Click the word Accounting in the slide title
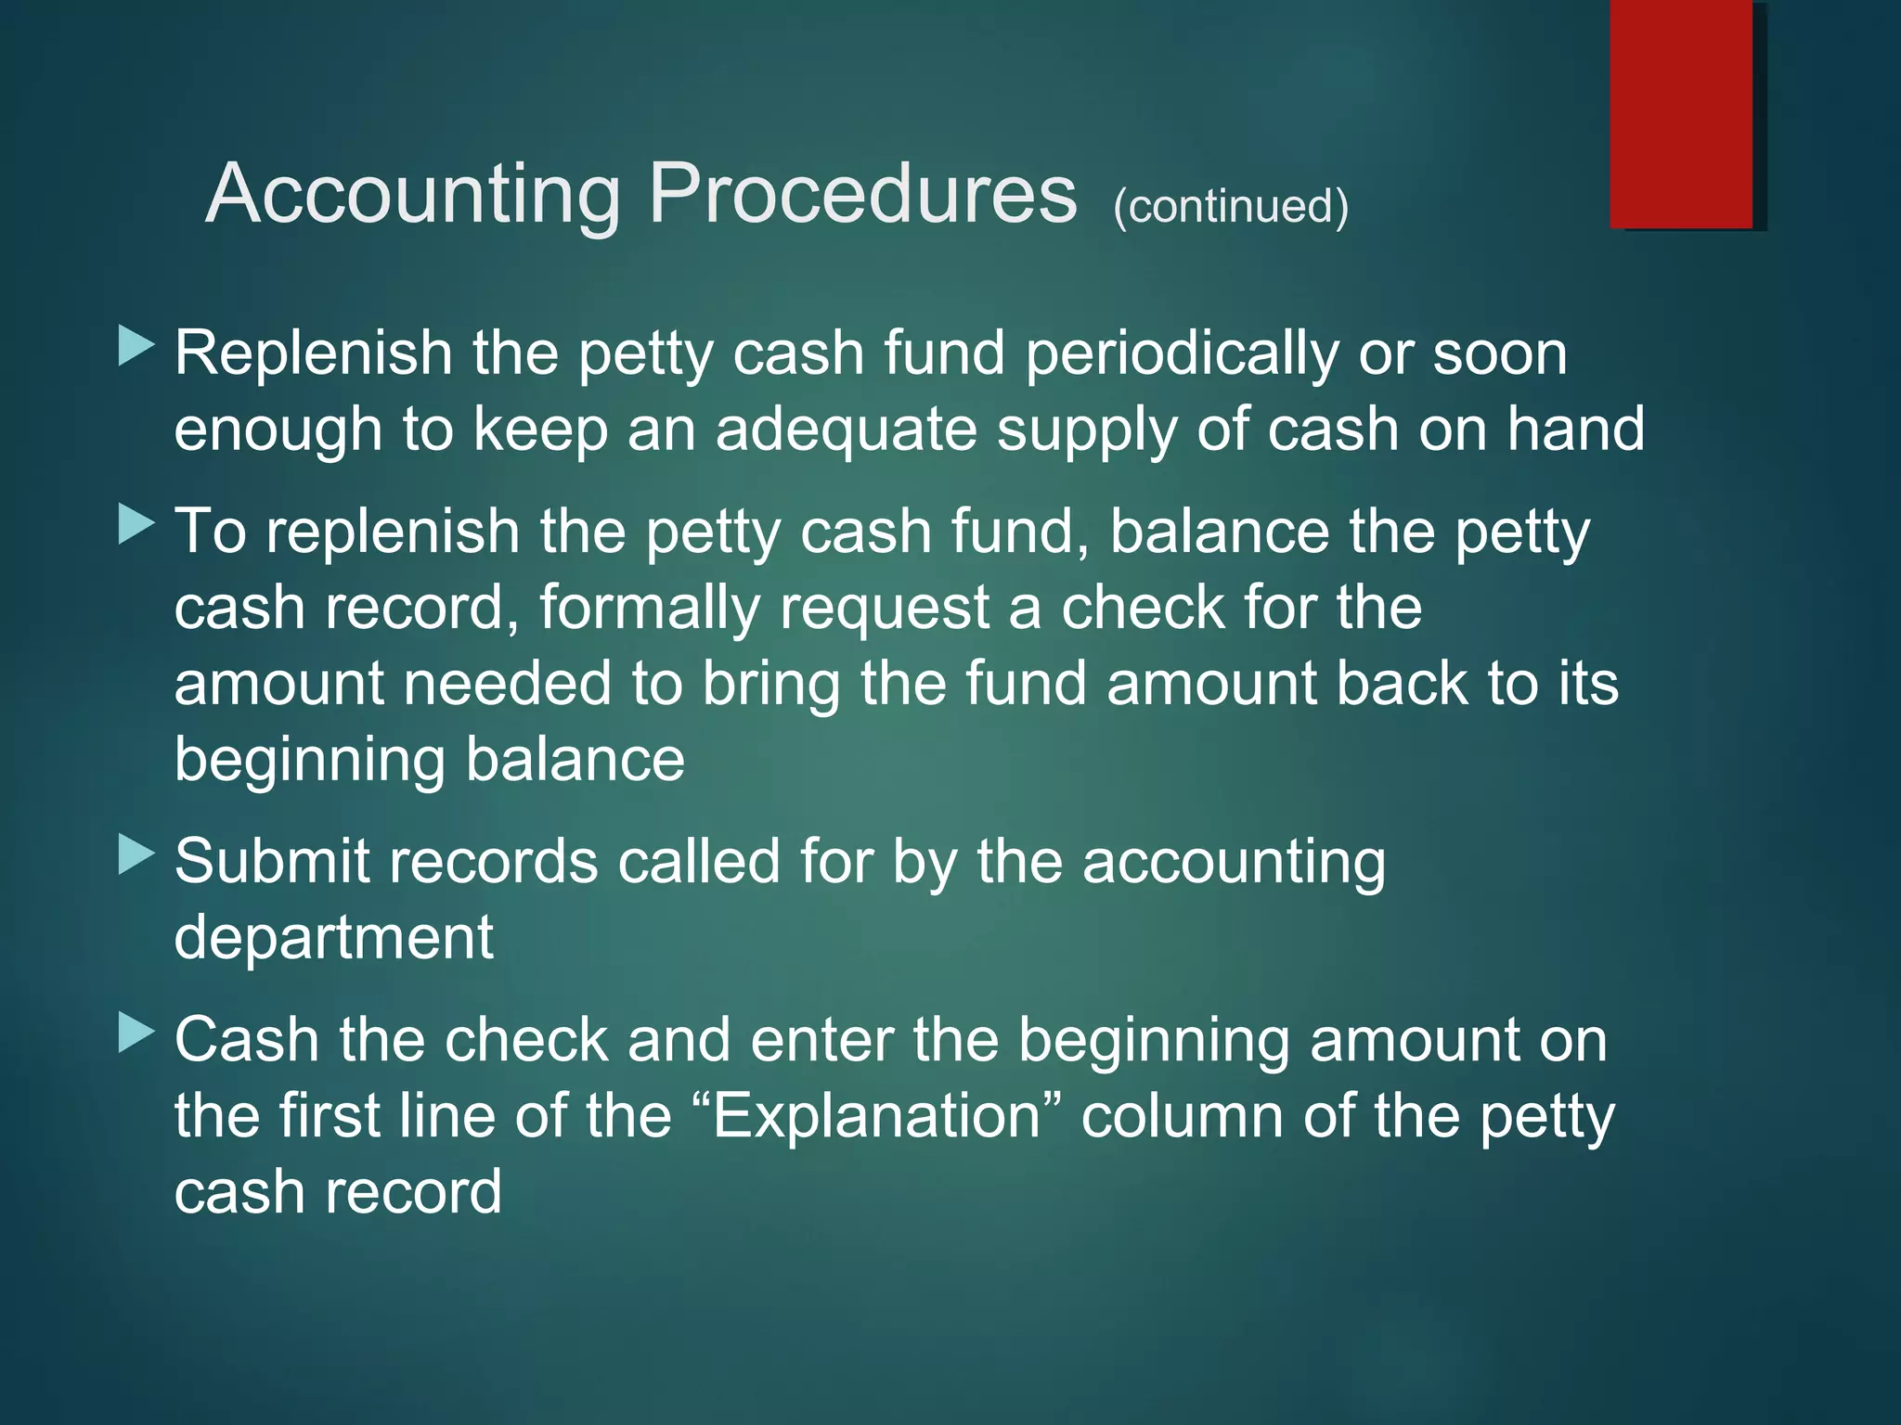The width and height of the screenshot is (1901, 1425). [413, 194]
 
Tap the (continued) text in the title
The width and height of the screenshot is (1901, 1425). [1230, 206]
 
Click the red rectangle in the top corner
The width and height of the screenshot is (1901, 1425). [1680, 113]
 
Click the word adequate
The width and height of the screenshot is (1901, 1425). [846, 430]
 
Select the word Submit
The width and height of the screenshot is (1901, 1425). [272, 861]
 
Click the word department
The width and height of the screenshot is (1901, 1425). [333, 938]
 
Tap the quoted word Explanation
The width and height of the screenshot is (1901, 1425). [875, 1116]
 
